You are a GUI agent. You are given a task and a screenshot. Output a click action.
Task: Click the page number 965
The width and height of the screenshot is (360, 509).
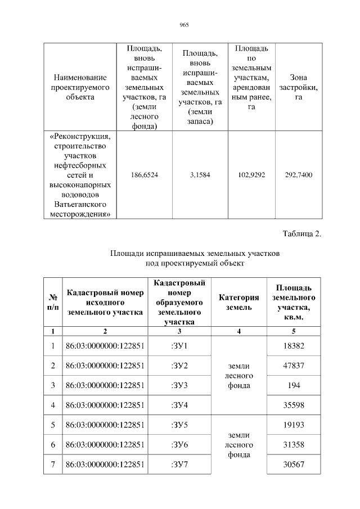click(183, 25)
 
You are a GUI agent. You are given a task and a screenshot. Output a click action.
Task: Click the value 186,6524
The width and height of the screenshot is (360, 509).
click(145, 175)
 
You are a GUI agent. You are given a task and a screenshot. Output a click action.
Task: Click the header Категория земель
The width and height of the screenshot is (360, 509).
click(239, 302)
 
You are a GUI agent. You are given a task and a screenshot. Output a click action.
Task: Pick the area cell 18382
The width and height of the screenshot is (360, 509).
click(293, 345)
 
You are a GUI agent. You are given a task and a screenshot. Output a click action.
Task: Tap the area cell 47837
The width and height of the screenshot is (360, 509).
click(293, 366)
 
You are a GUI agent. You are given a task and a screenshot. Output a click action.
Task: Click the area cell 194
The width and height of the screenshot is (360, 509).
click(293, 385)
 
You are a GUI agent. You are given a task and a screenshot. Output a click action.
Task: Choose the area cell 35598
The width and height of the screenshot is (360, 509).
click(293, 405)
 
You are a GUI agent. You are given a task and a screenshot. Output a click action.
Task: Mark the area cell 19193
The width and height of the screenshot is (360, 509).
click(293, 425)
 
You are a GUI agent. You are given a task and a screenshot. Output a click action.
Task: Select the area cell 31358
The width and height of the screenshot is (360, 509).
click(293, 445)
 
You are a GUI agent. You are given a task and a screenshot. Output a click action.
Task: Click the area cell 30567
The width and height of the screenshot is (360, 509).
click(293, 465)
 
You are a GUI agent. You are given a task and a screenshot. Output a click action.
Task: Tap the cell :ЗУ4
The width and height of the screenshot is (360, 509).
click(179, 405)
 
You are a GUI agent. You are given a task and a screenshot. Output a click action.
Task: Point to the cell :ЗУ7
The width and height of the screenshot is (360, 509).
click(179, 465)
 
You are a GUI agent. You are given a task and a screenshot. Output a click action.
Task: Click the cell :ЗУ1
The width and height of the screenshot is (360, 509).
click(179, 345)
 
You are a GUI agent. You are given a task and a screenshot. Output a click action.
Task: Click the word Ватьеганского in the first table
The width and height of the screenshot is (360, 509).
click(79, 204)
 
